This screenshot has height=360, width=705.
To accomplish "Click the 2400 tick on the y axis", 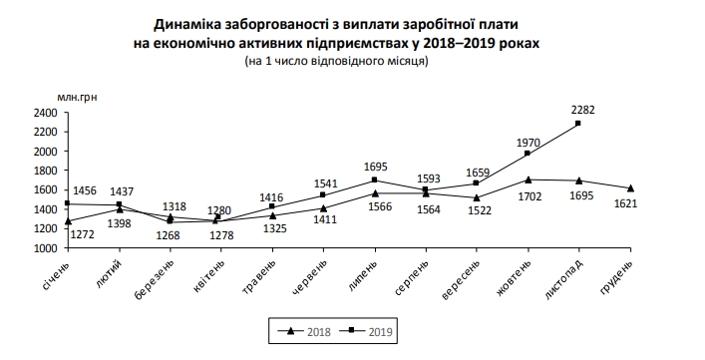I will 43,113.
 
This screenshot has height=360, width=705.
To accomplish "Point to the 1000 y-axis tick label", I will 43,247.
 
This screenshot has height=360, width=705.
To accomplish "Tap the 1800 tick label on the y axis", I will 43,171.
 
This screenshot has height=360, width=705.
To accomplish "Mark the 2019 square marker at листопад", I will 578,124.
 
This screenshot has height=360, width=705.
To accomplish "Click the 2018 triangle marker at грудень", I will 630,187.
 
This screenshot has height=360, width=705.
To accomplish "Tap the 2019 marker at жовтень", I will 527,154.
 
